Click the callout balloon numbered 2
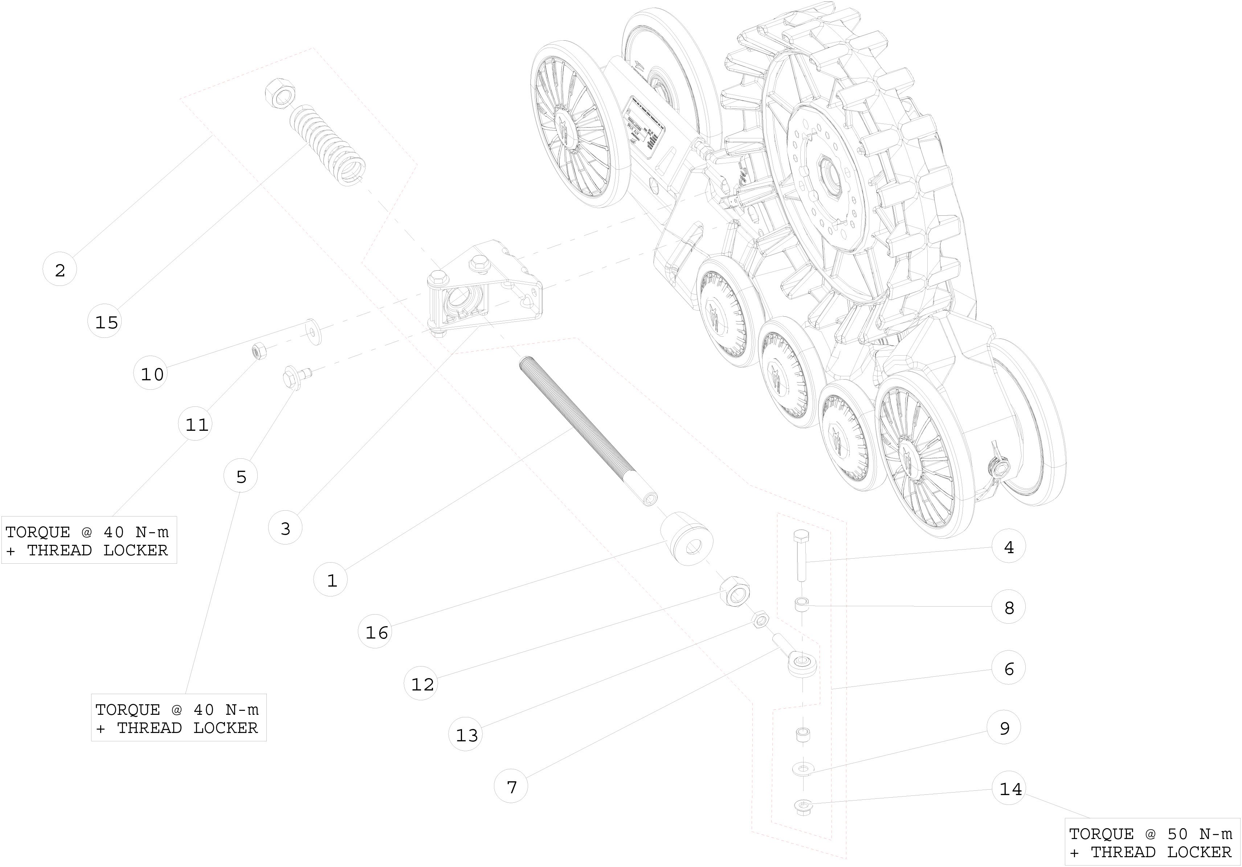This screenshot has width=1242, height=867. coord(60,270)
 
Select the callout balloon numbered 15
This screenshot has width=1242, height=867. coord(106,322)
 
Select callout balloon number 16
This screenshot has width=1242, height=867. coord(376,632)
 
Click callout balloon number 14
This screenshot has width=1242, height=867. coord(1009,789)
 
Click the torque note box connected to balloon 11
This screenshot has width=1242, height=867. coord(88,540)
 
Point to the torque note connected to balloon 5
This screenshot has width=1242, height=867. coord(179,718)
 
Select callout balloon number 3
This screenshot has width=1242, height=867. coord(285,528)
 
